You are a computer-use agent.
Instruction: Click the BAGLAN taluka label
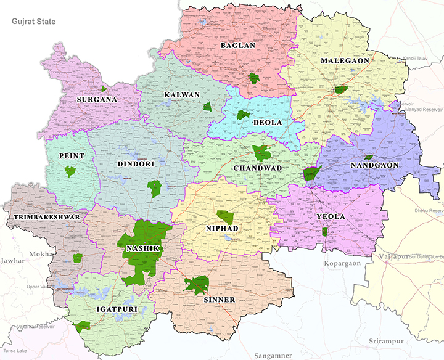[x=238, y=46]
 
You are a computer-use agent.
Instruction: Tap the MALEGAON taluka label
[x=345, y=60]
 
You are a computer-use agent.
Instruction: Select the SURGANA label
[x=96, y=99]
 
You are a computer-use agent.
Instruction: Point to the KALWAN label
[x=182, y=94]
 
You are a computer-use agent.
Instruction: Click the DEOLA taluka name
[x=268, y=122]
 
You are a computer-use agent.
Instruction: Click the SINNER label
[x=218, y=300]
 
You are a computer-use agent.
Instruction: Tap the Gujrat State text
[x=33, y=22]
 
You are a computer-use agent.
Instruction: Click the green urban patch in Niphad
[x=225, y=217]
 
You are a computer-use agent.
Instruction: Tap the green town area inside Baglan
[x=252, y=78]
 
